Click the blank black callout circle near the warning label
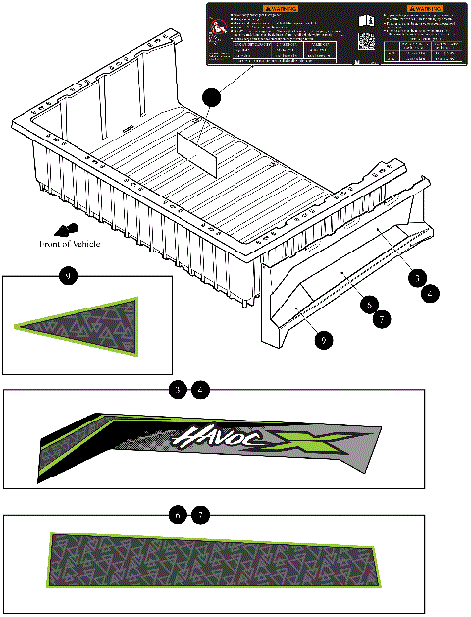click(x=211, y=95)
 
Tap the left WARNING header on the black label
click(x=271, y=9)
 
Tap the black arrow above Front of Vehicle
click(x=68, y=229)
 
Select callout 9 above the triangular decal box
click(x=67, y=277)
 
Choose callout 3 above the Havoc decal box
click(x=176, y=390)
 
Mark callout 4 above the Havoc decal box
click(x=200, y=390)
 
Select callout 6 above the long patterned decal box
click(x=176, y=515)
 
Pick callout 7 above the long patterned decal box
click(x=200, y=515)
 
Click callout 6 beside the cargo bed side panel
click(x=367, y=305)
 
